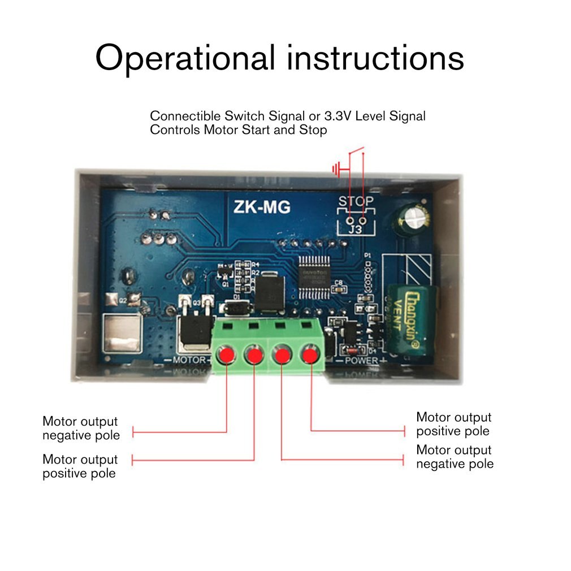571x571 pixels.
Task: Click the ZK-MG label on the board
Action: point(262,207)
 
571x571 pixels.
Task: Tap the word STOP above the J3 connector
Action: point(356,202)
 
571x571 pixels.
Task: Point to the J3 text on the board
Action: point(355,230)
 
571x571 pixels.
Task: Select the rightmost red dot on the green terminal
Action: point(309,355)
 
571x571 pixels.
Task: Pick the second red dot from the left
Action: point(253,355)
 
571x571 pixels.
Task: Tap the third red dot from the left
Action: point(281,355)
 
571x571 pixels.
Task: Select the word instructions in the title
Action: point(375,58)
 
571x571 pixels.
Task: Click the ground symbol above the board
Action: point(336,168)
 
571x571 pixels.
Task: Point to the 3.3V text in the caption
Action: point(339,116)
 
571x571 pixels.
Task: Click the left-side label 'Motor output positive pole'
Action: point(80,466)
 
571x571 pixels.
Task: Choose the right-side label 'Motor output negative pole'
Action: point(454,457)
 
